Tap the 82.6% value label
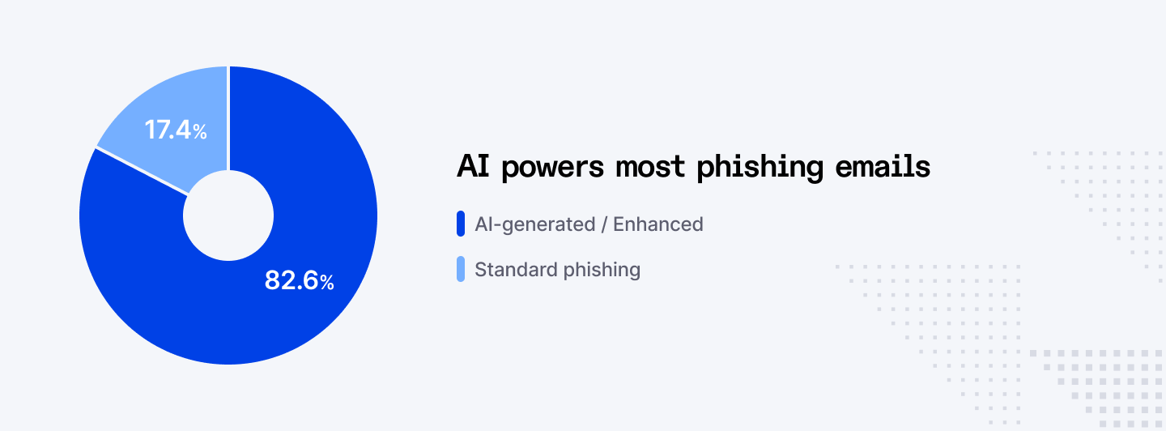299,280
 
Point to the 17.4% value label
176,130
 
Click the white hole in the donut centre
228,215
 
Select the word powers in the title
553,168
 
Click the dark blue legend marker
461,224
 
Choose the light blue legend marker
461,269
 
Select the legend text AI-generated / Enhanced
589,224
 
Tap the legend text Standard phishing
557,270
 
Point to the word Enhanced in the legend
657,224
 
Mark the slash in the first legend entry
604,224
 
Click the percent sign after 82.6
326,283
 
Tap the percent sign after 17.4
199,131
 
